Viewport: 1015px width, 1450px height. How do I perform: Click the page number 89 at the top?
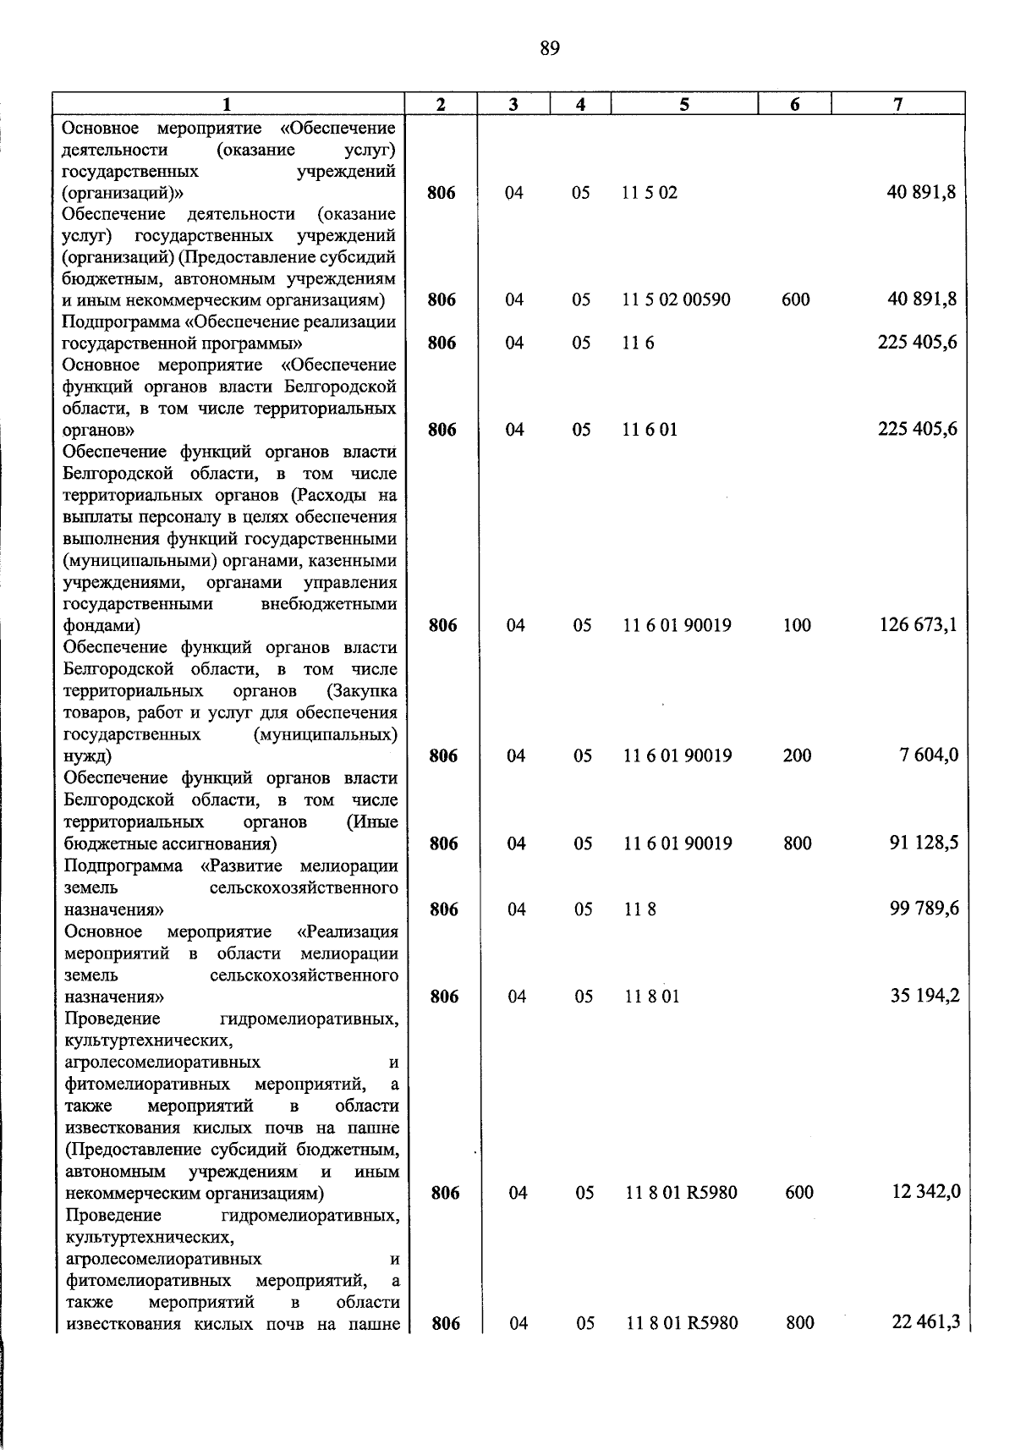[549, 49]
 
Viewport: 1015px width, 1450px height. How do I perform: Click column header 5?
[683, 104]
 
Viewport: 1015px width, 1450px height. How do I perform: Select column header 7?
[897, 104]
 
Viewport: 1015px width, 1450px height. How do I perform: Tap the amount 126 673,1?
[918, 625]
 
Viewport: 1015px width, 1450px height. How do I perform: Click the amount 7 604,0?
[929, 755]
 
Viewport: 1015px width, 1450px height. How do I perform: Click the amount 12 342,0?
[925, 1192]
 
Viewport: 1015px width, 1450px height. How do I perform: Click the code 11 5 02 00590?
[676, 299]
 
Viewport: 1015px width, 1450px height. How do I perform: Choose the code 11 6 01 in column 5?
[650, 430]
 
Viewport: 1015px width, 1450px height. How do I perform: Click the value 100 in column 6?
[797, 626]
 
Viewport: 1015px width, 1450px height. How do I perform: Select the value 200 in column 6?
[797, 755]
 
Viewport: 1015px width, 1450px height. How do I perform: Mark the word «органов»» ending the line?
[96, 430]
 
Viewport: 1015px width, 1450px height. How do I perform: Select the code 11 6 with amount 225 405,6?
[639, 343]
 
